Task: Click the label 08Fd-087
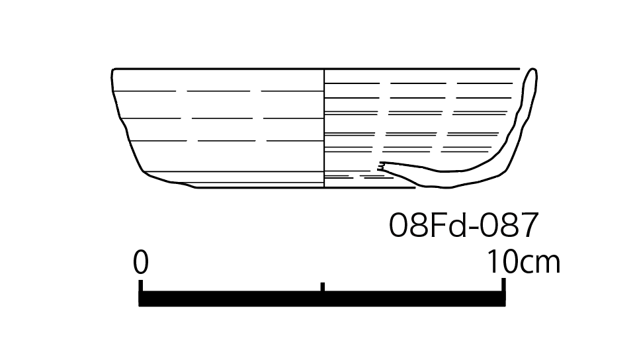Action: pyautogui.click(x=463, y=225)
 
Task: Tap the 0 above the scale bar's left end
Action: pyautogui.click(x=141, y=263)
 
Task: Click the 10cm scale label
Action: pyautogui.click(x=523, y=263)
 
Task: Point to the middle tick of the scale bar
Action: pyautogui.click(x=322, y=287)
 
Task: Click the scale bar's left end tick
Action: pyautogui.click(x=140, y=285)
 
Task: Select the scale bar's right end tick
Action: pyautogui.click(x=503, y=285)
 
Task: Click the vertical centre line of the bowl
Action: pyautogui.click(x=324, y=128)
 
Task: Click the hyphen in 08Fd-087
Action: pyautogui.click(x=474, y=228)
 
